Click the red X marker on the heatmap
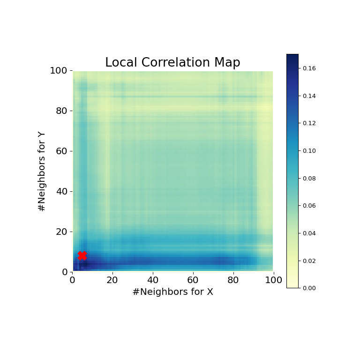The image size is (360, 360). pyautogui.click(x=82, y=255)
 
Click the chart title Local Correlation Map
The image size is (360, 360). pyautogui.click(x=172, y=63)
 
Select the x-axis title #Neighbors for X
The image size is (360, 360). pyautogui.click(x=172, y=292)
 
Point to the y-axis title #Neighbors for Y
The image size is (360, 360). pyautogui.click(x=42, y=171)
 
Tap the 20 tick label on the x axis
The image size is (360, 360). pyautogui.click(x=112, y=281)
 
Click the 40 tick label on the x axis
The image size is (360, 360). pyautogui.click(x=153, y=281)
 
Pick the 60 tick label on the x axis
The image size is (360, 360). pyautogui.click(x=193, y=281)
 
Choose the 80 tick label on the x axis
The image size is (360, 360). pyautogui.click(x=233, y=281)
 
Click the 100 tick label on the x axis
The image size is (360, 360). pyautogui.click(x=273, y=281)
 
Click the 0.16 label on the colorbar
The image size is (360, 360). pyautogui.click(x=309, y=68)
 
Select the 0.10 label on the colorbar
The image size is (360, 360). pyautogui.click(x=309, y=151)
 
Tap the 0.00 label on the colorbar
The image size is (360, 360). pyautogui.click(x=309, y=288)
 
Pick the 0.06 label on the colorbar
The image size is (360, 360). pyautogui.click(x=309, y=206)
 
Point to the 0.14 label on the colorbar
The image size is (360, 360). pyautogui.click(x=309, y=96)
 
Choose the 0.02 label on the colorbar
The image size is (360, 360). pyautogui.click(x=309, y=261)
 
